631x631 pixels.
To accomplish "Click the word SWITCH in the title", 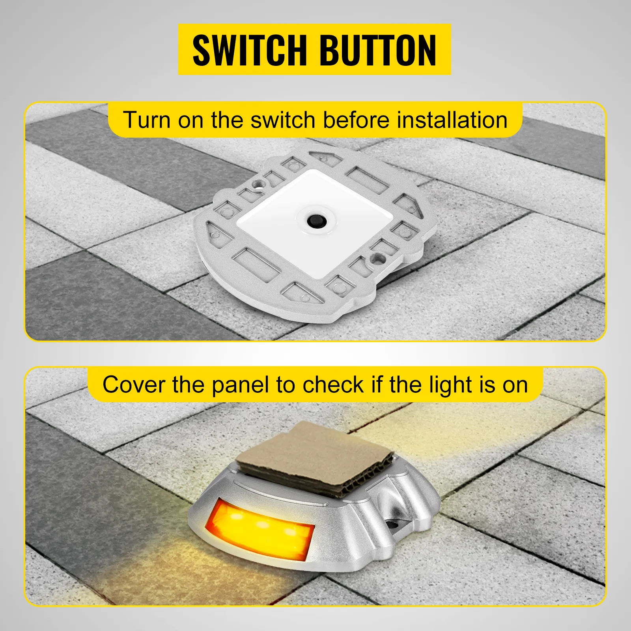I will click(249, 50).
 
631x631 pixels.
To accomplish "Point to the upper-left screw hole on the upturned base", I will click(258, 183).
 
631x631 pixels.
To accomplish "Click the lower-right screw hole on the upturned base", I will click(381, 259).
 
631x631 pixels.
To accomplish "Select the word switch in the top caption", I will click(283, 120).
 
